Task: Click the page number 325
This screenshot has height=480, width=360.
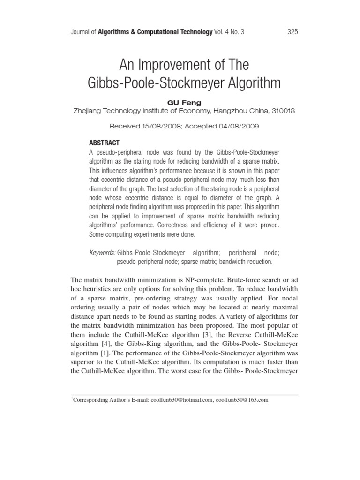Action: point(291,32)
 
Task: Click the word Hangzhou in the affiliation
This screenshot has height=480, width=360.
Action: point(233,111)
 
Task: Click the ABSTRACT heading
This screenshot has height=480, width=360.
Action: point(104,143)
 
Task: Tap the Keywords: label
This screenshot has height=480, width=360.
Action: point(102,253)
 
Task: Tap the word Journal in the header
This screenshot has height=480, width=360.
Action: point(80,32)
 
